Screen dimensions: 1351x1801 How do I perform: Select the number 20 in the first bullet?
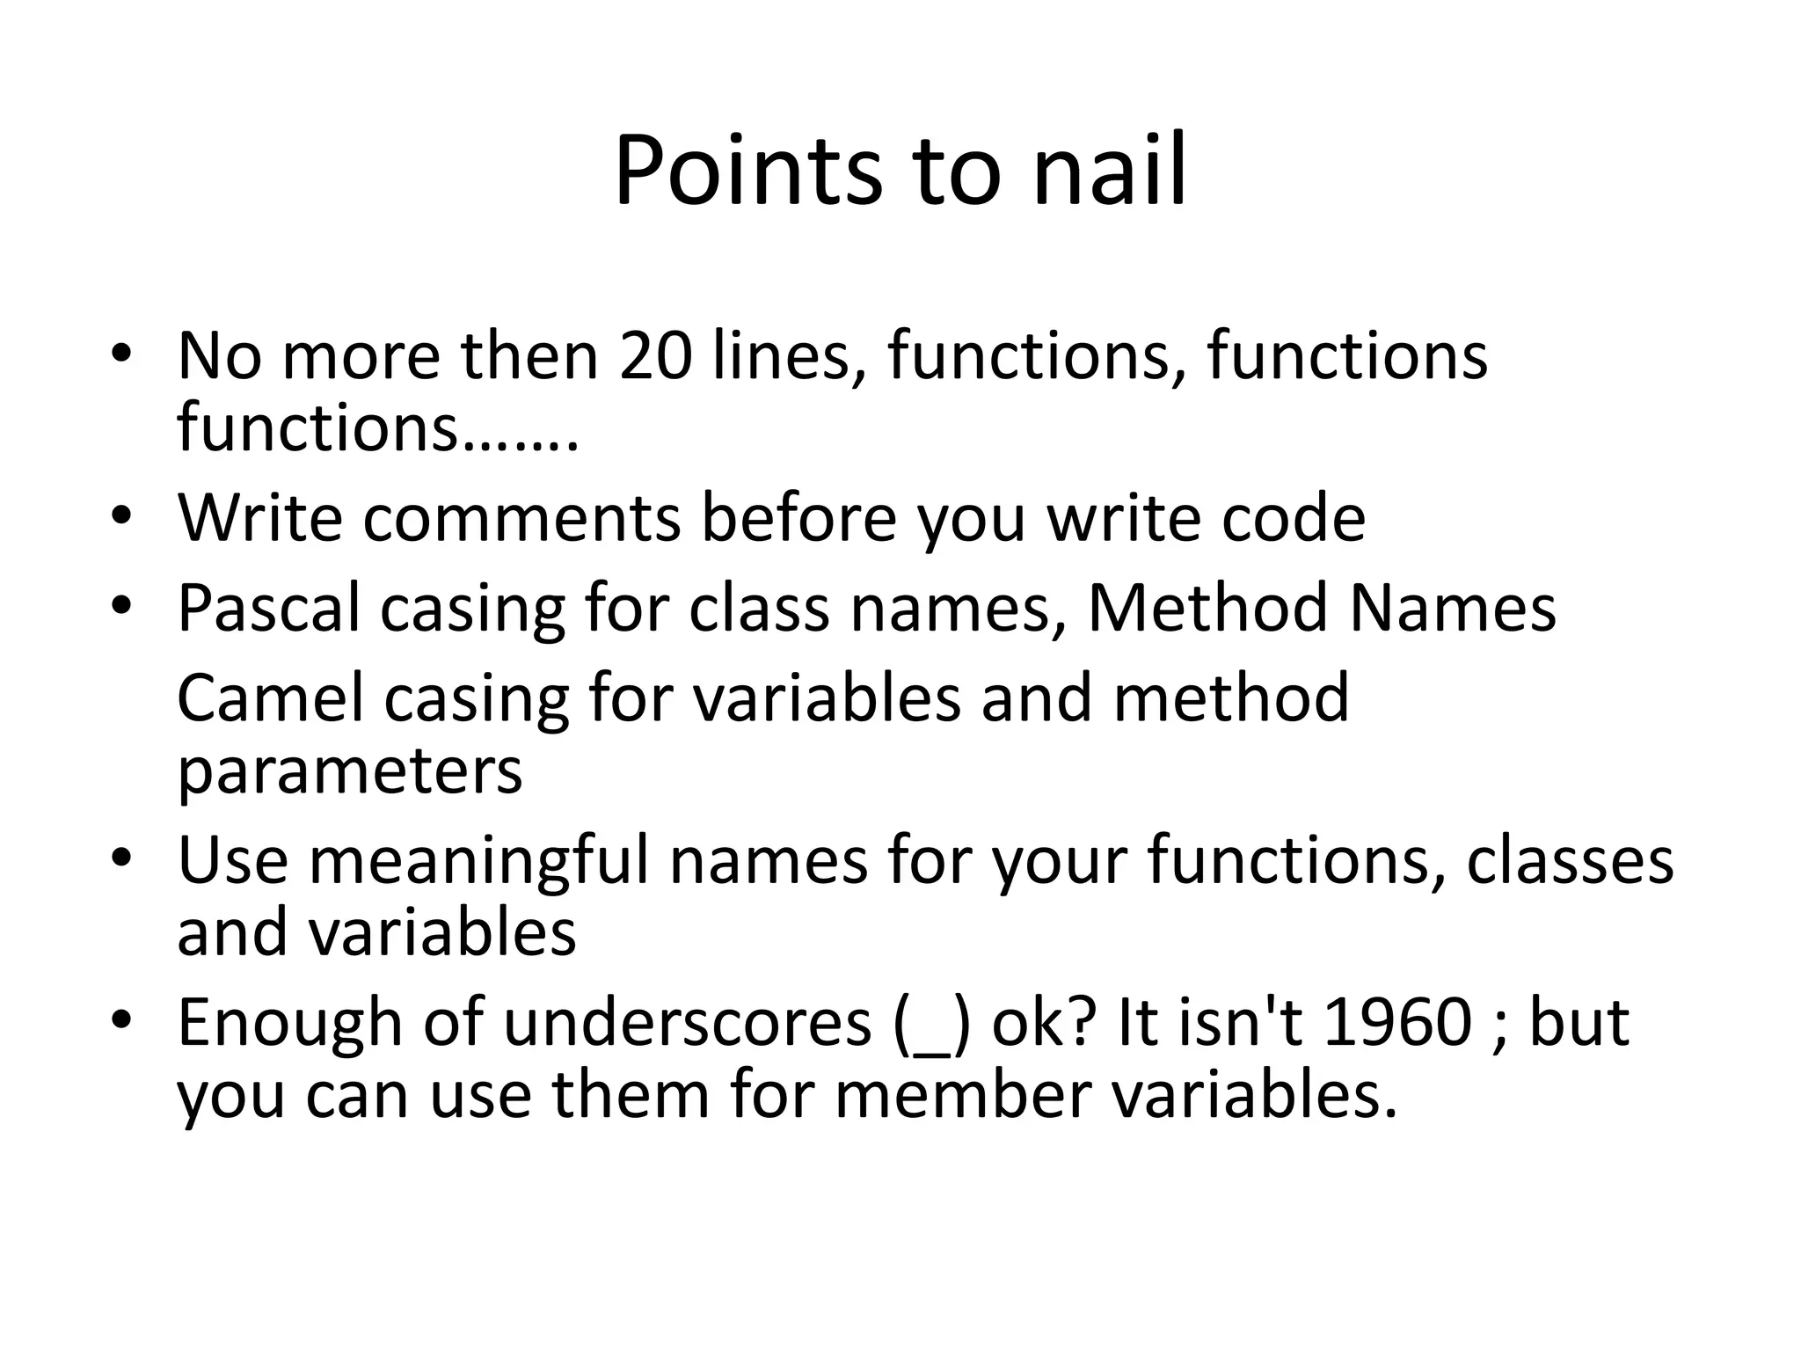coord(655,356)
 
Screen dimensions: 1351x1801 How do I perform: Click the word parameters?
coord(349,771)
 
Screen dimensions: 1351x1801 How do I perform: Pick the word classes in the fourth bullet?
coord(1570,859)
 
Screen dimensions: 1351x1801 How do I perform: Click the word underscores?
coord(687,1022)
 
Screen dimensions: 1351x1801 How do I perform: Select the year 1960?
coord(1397,1022)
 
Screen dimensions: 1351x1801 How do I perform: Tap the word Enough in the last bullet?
coord(289,1022)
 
